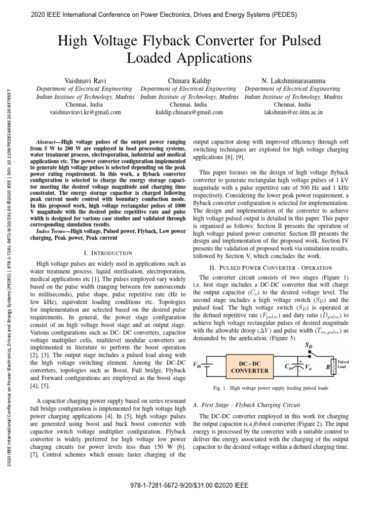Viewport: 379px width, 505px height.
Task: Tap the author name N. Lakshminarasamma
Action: pyautogui.click(x=294, y=80)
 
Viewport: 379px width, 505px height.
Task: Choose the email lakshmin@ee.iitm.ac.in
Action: pyautogui.click(x=294, y=112)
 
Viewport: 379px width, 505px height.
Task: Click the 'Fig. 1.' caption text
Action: pyautogui.click(x=221, y=388)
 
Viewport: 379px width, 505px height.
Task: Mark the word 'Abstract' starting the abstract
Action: pyautogui.click(x=49, y=141)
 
